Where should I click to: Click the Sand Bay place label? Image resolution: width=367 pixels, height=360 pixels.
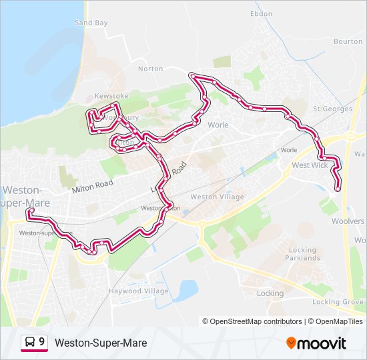point(91,23)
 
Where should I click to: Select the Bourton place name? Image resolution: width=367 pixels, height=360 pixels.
point(348,41)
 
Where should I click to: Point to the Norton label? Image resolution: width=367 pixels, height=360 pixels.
point(150,69)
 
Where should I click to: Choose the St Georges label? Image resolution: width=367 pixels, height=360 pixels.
point(332,109)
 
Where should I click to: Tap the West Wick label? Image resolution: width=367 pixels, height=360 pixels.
point(310,165)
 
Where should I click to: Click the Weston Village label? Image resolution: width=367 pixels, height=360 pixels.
point(217,197)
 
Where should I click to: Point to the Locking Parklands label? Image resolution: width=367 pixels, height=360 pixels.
point(304,254)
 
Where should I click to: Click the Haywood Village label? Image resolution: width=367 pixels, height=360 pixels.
point(139,291)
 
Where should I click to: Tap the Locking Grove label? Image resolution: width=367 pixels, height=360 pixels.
point(338,302)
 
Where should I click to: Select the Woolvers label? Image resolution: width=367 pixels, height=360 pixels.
point(348,221)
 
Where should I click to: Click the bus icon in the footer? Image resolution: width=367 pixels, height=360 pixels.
point(29,343)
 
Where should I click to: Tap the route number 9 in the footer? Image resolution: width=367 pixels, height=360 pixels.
point(42,342)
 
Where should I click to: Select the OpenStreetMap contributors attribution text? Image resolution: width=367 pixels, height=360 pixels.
point(256,321)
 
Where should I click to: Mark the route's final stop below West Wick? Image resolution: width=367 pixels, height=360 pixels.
point(338,189)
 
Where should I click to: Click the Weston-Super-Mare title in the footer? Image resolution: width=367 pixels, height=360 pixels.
point(101,343)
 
